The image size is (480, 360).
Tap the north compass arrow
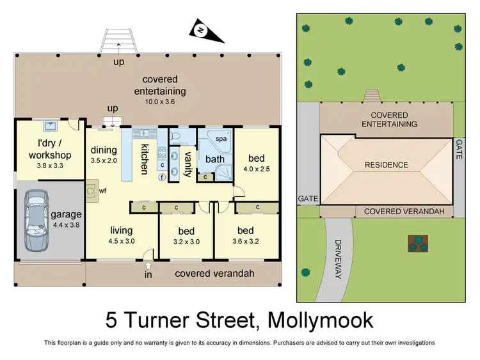point(201,29)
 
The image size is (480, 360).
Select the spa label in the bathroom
point(221,138)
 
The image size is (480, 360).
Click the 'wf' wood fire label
point(102,191)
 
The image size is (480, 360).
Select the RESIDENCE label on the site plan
point(386,165)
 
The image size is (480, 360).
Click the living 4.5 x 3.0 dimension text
point(121,242)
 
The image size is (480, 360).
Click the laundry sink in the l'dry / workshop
point(50,126)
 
